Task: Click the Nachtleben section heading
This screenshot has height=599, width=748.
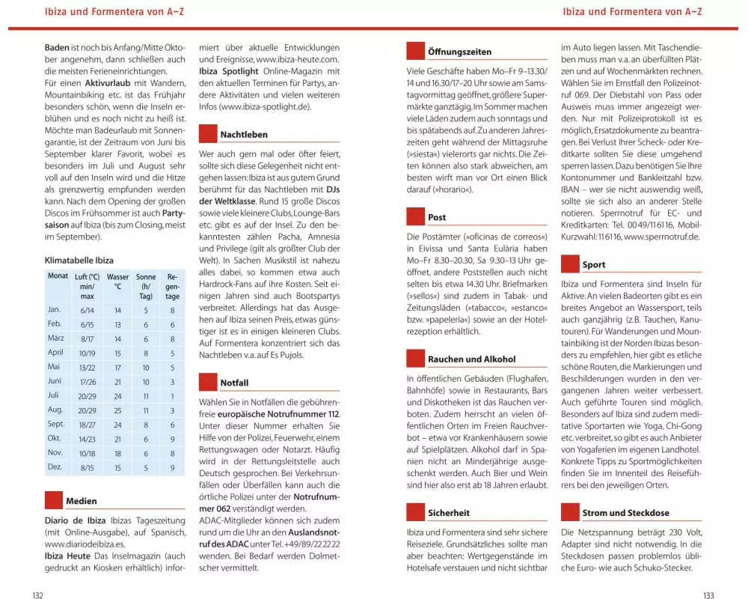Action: [243, 135]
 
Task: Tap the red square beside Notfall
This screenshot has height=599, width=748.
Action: [208, 382]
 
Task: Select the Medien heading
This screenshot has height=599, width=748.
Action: [81, 501]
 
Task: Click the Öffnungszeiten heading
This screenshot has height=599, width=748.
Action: [459, 52]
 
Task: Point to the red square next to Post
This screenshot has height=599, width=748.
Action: [415, 216]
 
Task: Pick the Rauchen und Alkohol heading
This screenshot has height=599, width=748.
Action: [471, 359]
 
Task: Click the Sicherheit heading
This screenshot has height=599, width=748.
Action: [449, 513]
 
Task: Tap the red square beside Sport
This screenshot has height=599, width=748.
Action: [570, 264]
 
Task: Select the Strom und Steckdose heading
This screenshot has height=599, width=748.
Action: [626, 513]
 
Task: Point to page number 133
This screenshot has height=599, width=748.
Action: [708, 595]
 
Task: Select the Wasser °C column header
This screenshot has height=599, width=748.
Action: [117, 281]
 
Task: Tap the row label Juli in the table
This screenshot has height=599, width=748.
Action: [53, 395]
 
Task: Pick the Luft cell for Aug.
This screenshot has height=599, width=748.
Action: [86, 410]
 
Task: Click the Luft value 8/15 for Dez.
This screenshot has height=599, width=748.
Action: [86, 467]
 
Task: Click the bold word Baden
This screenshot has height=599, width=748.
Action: [57, 48]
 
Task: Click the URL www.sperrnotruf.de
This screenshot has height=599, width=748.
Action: [661, 237]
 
